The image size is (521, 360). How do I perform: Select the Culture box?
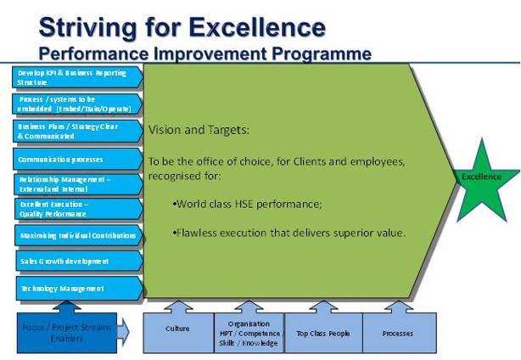tap(177, 333)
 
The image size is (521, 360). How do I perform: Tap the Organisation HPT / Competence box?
tap(248, 333)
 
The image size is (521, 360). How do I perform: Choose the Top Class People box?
tap(322, 333)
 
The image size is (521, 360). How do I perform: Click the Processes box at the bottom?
tap(397, 333)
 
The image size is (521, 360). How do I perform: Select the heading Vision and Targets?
tap(199, 130)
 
